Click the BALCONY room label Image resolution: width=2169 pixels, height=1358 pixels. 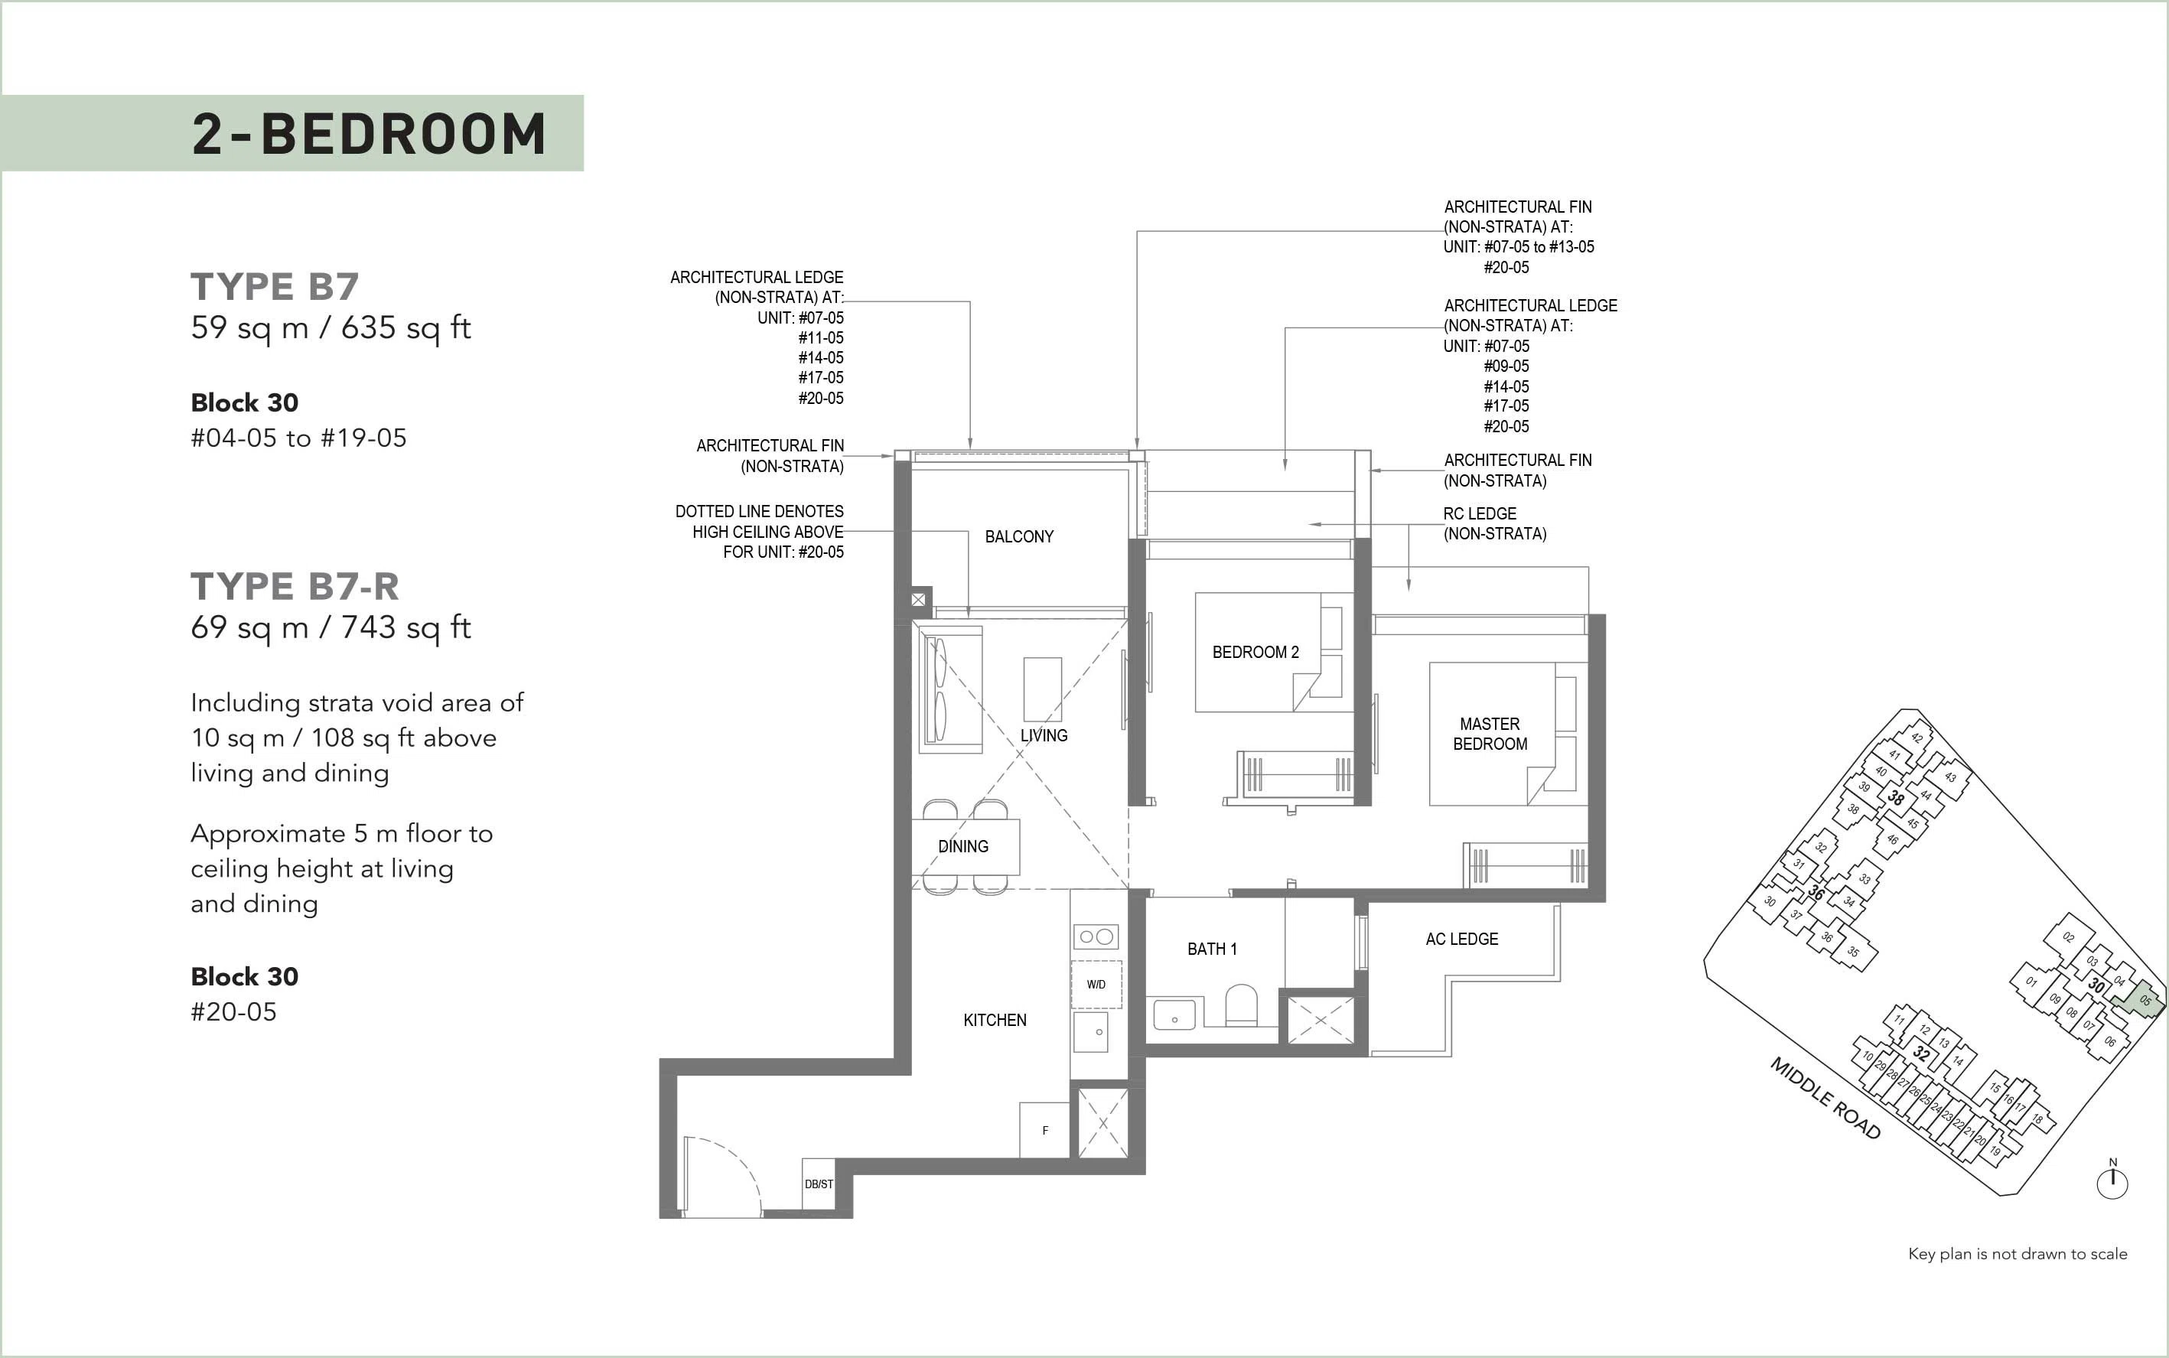coord(1018,537)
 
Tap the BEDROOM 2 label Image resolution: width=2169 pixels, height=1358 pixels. coord(1255,652)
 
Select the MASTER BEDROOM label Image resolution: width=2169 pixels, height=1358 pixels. coord(1490,734)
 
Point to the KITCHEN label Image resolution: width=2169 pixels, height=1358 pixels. coord(995,1021)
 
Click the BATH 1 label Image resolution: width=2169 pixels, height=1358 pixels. coord(1212,949)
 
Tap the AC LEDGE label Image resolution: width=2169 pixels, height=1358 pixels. coord(1461,940)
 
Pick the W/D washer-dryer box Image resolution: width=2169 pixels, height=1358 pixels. coord(1096,985)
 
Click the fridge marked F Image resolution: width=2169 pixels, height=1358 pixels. coord(1044,1130)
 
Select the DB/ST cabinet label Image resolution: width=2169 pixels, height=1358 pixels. coord(818,1184)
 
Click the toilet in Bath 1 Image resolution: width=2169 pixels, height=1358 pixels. coord(1241,1005)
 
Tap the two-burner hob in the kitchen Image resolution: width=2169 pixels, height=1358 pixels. coord(1096,936)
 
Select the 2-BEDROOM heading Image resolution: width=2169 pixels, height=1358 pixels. coord(369,134)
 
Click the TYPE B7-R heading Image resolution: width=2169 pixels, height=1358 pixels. coord(295,587)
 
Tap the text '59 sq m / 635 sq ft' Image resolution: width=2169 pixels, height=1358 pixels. coord(331,327)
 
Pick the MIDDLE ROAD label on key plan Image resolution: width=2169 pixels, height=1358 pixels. coord(1826,1099)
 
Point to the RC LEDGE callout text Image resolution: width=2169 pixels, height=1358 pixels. coord(1494,523)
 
